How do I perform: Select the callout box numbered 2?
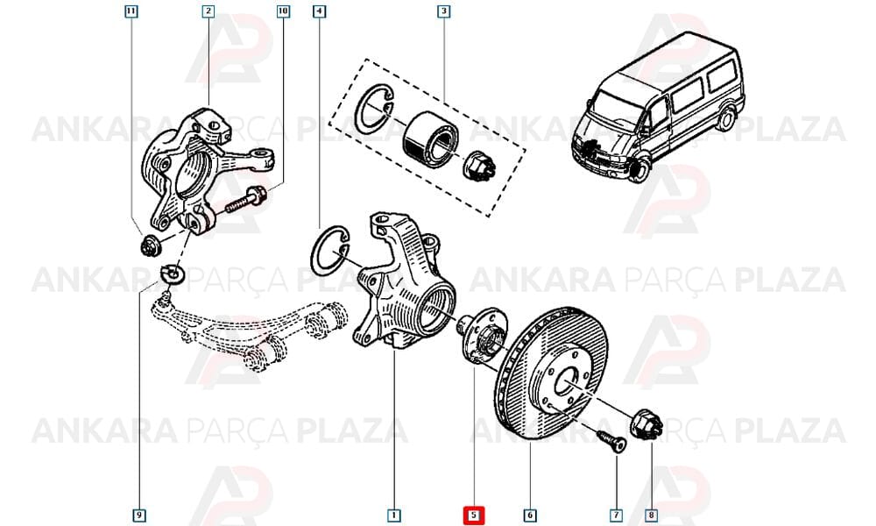[x=208, y=11]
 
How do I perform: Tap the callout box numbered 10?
[x=283, y=11]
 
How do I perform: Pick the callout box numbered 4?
[x=319, y=11]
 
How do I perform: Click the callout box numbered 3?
[x=443, y=11]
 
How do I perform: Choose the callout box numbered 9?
[x=138, y=515]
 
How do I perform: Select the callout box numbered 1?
[x=394, y=515]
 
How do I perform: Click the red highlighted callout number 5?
[x=474, y=515]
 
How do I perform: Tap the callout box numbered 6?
[x=530, y=515]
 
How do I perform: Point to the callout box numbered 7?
[x=616, y=515]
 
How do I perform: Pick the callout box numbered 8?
[x=651, y=515]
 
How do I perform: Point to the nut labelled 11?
[x=149, y=245]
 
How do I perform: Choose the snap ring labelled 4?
[x=330, y=251]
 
